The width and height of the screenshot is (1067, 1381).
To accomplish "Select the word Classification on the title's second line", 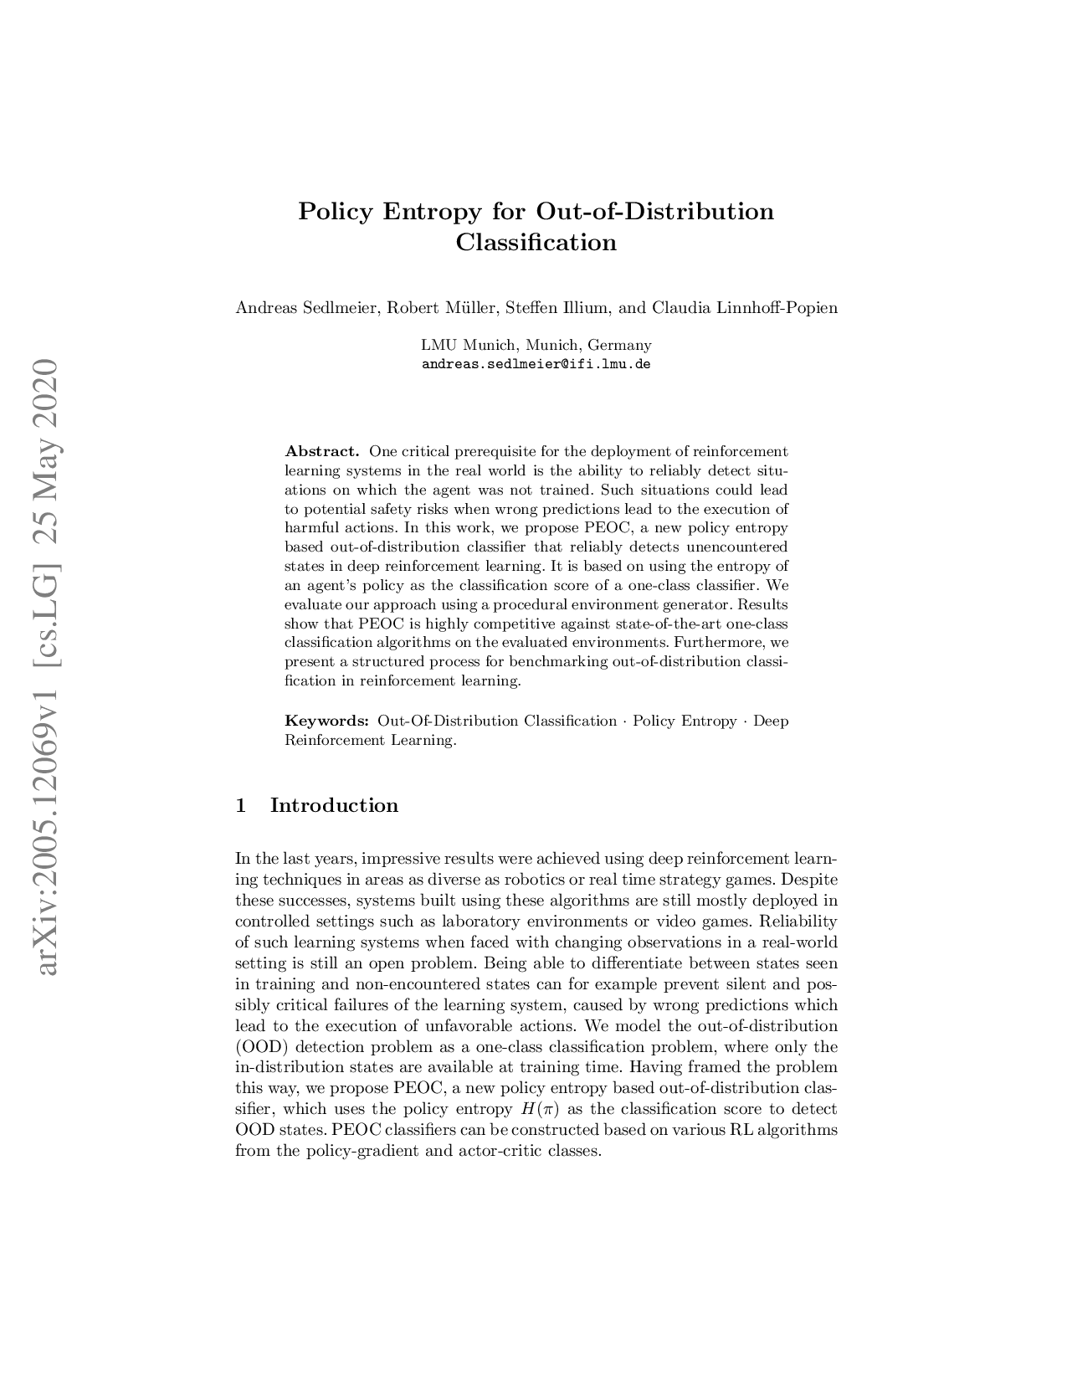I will [x=536, y=243].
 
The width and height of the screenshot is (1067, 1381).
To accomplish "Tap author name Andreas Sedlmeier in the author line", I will [x=306, y=308].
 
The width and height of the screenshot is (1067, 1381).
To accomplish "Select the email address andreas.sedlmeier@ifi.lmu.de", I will [x=536, y=365].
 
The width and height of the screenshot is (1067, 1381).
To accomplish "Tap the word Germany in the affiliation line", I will [x=619, y=345].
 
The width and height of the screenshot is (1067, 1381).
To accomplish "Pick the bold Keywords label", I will [x=327, y=721].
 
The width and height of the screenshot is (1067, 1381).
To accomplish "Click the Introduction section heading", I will [x=334, y=806].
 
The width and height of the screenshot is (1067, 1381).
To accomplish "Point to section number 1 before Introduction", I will [x=241, y=806].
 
